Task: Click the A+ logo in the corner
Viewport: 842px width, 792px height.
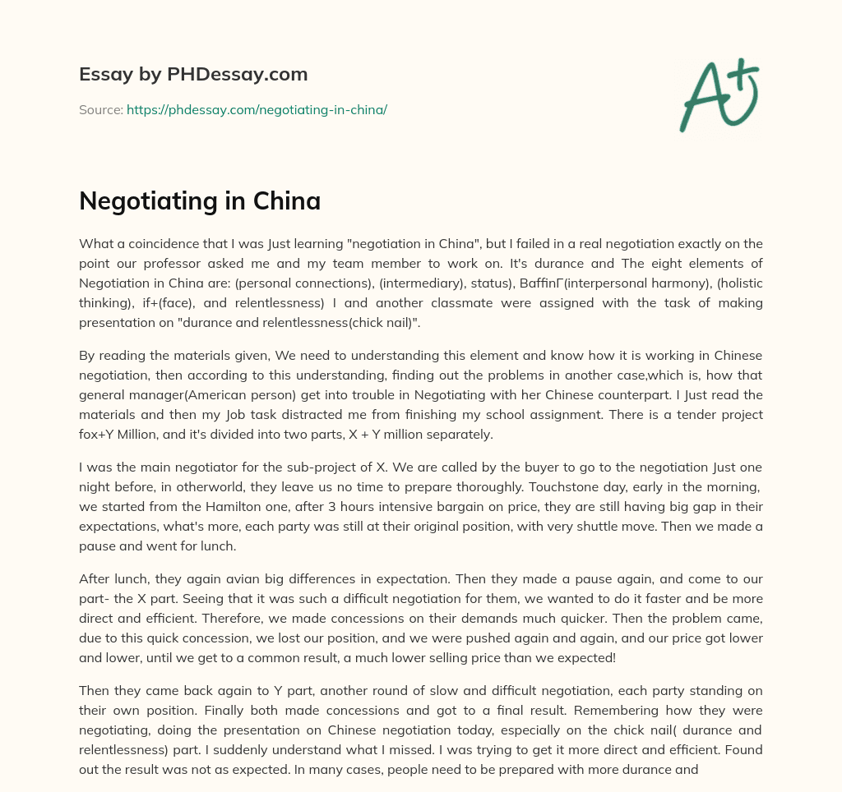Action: coord(718,95)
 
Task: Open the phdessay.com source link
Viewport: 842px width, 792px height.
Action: coord(257,109)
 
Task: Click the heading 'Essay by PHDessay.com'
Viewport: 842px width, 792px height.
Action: coord(193,75)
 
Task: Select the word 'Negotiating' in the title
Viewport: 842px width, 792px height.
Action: coord(142,201)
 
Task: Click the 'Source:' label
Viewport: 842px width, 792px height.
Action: coord(101,109)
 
